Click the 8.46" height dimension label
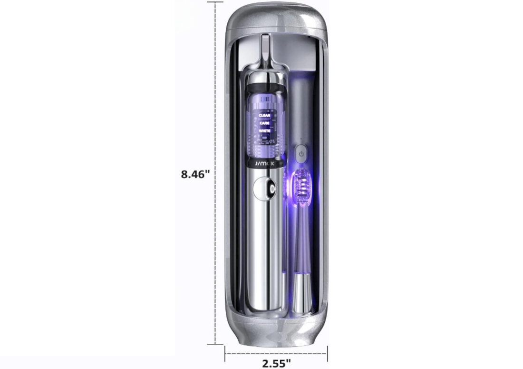tap(195, 174)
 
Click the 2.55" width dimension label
tap(276, 363)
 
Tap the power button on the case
tap(300, 153)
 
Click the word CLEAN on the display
tap(264, 115)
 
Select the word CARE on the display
tap(264, 123)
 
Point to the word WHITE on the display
tap(264, 131)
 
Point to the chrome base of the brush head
tap(300, 295)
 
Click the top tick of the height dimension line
tap(215, 2)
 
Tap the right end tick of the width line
tap(327, 353)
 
